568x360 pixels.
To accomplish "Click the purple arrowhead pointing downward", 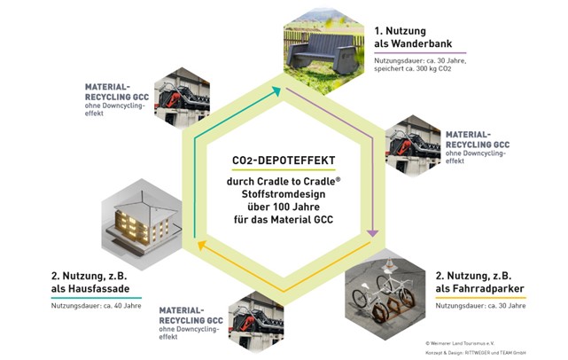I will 373,232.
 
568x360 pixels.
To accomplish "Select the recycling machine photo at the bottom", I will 254,315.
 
